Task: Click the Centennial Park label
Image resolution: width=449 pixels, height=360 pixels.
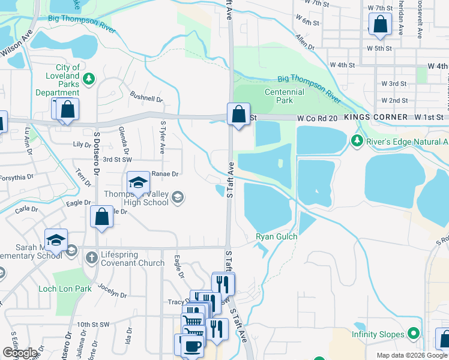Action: click(x=285, y=97)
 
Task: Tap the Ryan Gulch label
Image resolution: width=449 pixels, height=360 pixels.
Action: click(x=277, y=237)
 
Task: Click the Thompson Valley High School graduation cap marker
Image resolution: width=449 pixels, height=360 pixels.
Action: click(x=138, y=182)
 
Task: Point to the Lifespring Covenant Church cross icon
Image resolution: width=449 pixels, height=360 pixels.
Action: click(x=91, y=258)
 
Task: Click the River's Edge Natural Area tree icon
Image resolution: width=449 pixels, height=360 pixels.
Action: click(x=357, y=141)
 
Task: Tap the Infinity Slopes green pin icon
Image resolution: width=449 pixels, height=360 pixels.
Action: click(x=413, y=333)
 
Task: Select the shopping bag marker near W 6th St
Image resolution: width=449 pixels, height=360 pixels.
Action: click(x=380, y=25)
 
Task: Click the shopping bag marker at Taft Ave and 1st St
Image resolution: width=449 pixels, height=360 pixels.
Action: click(x=238, y=113)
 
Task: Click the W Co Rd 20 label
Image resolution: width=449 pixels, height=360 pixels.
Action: click(x=317, y=119)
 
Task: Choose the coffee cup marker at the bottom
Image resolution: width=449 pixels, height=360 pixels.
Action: click(x=191, y=347)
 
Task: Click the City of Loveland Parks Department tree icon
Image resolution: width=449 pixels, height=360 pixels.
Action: click(x=89, y=78)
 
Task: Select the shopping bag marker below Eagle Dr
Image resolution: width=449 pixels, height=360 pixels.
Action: click(x=101, y=217)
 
